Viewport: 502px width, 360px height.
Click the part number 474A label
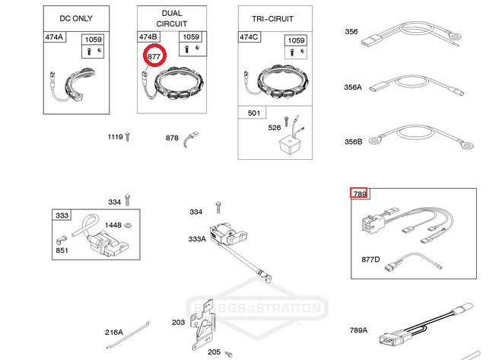[54, 37]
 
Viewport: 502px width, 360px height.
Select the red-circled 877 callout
[154, 56]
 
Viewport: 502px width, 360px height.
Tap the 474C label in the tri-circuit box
[249, 37]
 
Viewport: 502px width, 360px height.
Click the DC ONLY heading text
[76, 18]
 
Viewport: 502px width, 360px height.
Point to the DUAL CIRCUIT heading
[172, 18]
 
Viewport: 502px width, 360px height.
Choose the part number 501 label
[254, 113]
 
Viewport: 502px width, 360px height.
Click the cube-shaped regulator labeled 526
[291, 143]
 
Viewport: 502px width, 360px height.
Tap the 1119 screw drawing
[128, 137]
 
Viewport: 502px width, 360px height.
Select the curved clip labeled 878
[190, 139]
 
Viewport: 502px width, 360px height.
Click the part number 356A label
[353, 87]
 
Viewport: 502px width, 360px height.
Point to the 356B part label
[354, 142]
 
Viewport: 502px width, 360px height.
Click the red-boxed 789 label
[359, 193]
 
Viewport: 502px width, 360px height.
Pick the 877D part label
[370, 260]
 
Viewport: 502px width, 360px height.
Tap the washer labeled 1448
[128, 225]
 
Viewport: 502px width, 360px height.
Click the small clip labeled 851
[61, 241]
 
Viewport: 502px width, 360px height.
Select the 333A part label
[197, 239]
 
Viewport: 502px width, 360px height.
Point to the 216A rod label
[113, 333]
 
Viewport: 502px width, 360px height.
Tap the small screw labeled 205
[229, 354]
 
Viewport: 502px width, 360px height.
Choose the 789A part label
[358, 330]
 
